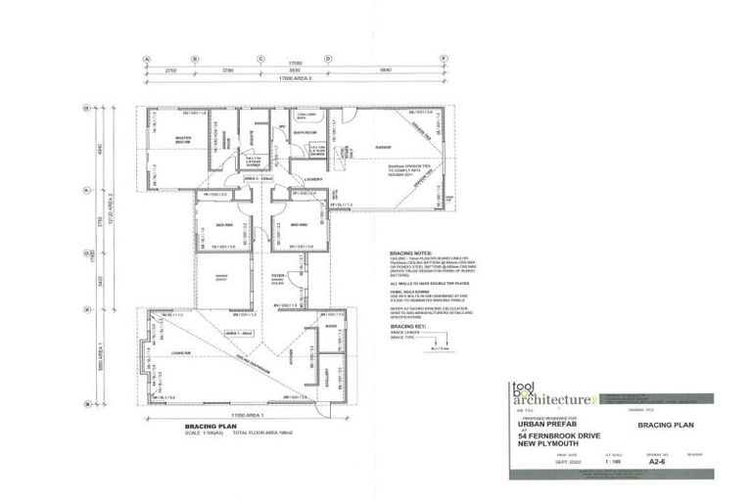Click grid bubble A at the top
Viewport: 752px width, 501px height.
pyautogui.click(x=147, y=59)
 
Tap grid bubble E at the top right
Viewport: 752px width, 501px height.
pyautogui.click(x=444, y=59)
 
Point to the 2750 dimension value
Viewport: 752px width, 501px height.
pyautogui.click(x=169, y=70)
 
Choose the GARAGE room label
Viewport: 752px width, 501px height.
pyautogui.click(x=382, y=148)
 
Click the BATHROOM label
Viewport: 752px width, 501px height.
pyautogui.click(x=305, y=131)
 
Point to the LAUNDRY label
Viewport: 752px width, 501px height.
pyautogui.click(x=313, y=179)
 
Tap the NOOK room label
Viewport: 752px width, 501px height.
pyautogui.click(x=330, y=325)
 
